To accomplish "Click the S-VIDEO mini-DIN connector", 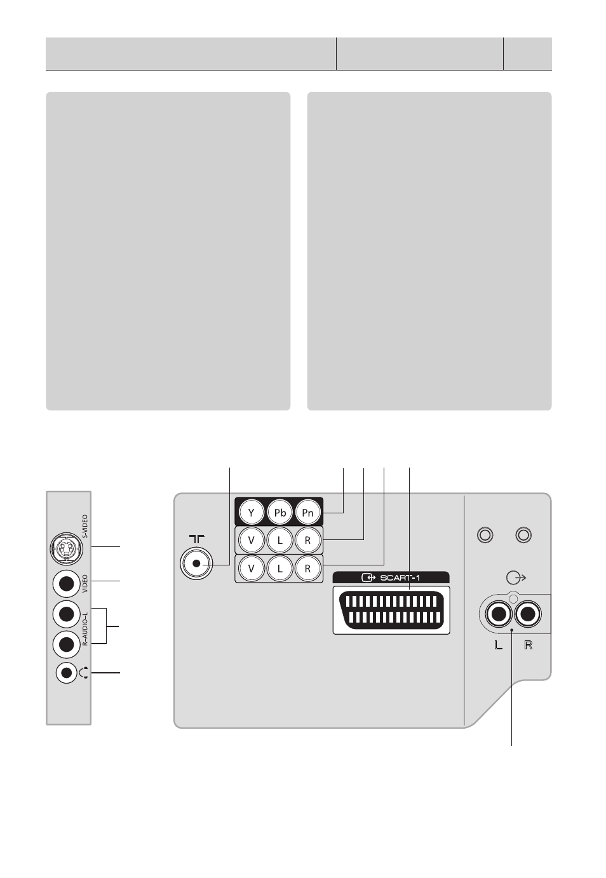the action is pyautogui.click(x=66, y=549).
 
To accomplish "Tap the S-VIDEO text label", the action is pyautogui.click(x=86, y=527).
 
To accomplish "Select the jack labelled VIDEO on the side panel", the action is pyautogui.click(x=66, y=584).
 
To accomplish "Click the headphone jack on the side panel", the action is pyautogui.click(x=67, y=673).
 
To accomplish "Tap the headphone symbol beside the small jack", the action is pyautogui.click(x=84, y=673).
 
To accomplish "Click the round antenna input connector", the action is pyautogui.click(x=196, y=564).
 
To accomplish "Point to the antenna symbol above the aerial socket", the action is pyautogui.click(x=196, y=539).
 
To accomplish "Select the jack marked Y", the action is pyautogui.click(x=252, y=512).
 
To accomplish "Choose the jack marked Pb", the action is pyautogui.click(x=280, y=512).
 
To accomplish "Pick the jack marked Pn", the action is pyautogui.click(x=307, y=512).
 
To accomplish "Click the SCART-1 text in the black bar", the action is pyautogui.click(x=400, y=577).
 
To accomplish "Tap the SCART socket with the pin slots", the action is pyautogui.click(x=391, y=610).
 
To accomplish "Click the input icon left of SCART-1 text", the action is pyautogui.click(x=368, y=577).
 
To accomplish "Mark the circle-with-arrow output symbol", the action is pyautogui.click(x=516, y=577).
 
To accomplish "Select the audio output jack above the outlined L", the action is pyautogui.click(x=498, y=614).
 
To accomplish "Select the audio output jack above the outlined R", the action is pyautogui.click(x=528, y=614).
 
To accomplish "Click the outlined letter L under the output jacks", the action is pyautogui.click(x=498, y=645).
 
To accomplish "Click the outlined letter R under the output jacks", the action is pyautogui.click(x=528, y=645).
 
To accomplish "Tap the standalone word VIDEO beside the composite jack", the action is pyautogui.click(x=85, y=584).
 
